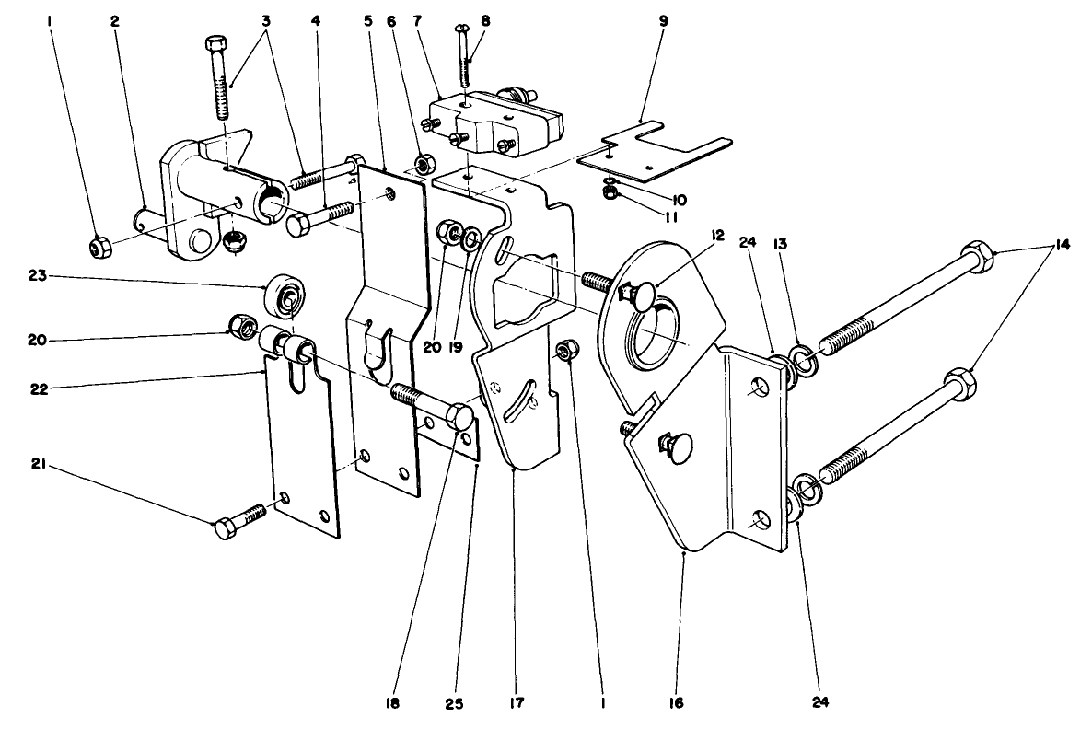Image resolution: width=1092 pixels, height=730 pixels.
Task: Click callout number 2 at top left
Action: [x=116, y=21]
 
